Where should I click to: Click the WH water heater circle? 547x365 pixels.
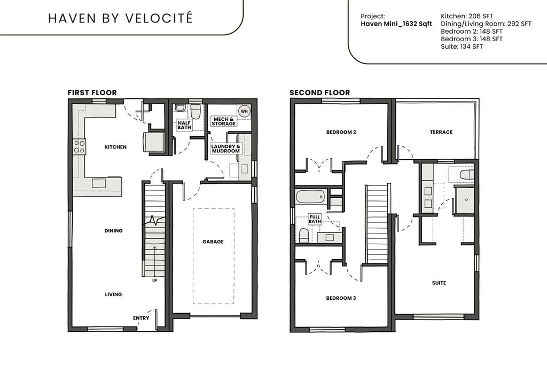click(244, 111)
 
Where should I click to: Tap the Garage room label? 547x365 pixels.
click(213, 242)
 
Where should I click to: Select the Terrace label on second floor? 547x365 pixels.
click(441, 132)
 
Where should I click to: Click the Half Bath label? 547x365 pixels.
click(184, 125)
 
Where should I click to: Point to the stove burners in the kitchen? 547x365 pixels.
click(79, 146)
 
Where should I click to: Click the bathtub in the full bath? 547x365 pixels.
click(310, 197)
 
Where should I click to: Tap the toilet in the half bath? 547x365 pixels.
click(195, 111)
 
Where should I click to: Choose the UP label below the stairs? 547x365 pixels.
click(154, 280)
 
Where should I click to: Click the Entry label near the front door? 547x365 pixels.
click(141, 318)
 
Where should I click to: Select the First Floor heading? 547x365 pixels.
click(92, 92)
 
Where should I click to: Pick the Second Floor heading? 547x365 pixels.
click(319, 92)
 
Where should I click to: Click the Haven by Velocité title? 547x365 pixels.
click(120, 18)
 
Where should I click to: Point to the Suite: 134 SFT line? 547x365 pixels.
click(462, 46)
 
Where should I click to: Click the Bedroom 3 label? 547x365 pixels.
click(341, 298)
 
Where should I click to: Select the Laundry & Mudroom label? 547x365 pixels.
click(226, 149)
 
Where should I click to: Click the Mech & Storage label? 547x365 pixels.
click(224, 121)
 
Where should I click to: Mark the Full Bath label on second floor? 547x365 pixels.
click(315, 219)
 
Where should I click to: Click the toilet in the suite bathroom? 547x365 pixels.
click(466, 174)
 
